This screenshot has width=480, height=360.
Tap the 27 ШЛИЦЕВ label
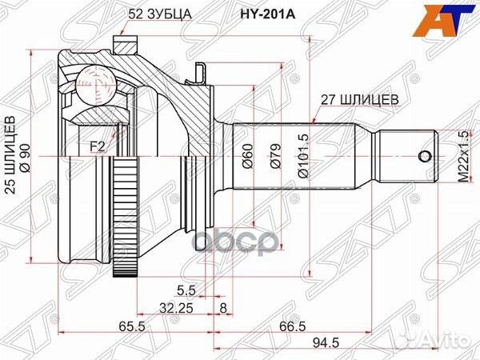point(356,99)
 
